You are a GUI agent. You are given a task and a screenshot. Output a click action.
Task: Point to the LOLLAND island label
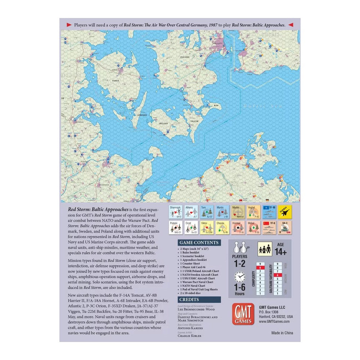(161, 123)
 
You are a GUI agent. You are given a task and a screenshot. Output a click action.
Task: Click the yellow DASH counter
(284, 212)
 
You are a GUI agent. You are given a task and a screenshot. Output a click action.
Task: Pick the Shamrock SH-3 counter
(175, 212)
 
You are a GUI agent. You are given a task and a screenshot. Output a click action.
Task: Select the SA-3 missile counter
(284, 228)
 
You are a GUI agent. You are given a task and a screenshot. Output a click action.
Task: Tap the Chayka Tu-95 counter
(222, 228)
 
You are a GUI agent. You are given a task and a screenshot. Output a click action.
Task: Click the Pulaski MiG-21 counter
(175, 228)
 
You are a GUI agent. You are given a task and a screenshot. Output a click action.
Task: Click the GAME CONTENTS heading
(199, 243)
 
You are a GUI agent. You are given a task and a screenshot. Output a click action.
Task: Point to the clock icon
(239, 277)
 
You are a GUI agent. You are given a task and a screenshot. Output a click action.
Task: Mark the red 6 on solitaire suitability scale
(278, 274)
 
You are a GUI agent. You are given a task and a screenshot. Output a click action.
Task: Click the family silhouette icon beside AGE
(265, 248)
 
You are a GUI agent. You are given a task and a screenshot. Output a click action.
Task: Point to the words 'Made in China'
(282, 333)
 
